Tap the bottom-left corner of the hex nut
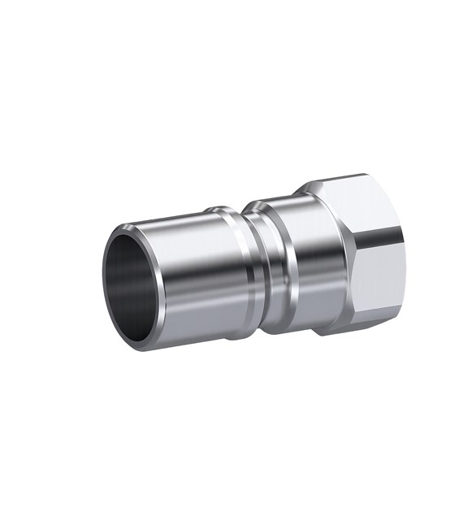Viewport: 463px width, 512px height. click(321, 334)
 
